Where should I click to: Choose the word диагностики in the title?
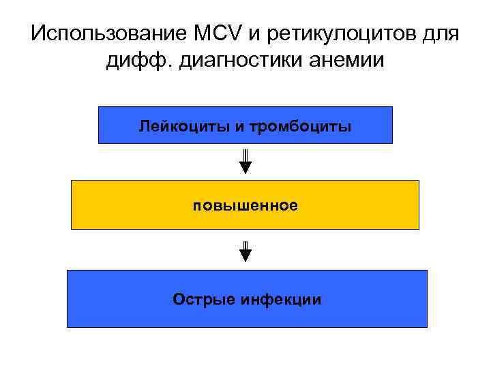(x=235, y=61)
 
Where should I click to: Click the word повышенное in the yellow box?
(x=245, y=205)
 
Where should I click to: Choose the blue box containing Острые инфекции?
(x=116, y=298)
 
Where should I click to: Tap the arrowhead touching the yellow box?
(x=245, y=168)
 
